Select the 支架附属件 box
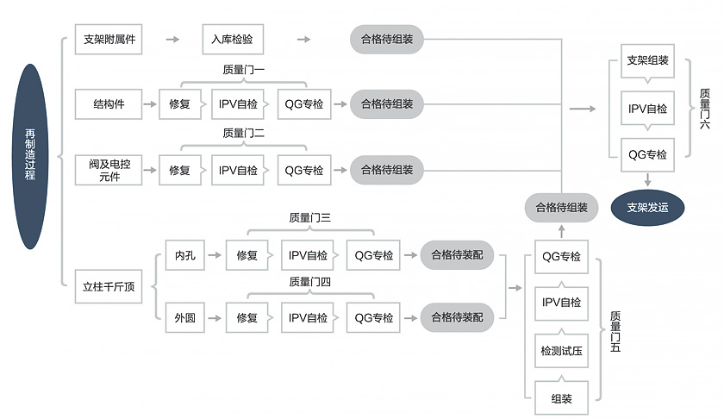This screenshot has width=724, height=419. click(109, 40)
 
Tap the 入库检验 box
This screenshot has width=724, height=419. click(233, 40)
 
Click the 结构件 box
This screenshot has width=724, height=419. click(109, 104)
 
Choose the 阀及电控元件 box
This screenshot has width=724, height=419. click(109, 170)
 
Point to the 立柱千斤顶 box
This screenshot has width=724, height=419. click(109, 287)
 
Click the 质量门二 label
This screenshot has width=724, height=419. click(243, 134)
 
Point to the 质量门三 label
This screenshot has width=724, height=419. click(309, 218)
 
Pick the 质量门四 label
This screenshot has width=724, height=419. click(309, 281)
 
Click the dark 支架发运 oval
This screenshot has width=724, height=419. click(647, 208)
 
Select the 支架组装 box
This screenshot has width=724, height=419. click(647, 60)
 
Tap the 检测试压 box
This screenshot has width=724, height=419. click(561, 351)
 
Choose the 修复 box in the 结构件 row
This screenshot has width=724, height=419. click(180, 104)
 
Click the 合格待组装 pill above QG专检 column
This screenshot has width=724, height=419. click(561, 208)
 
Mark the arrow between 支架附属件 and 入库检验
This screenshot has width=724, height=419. click(172, 40)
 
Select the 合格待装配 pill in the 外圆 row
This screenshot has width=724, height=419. click(457, 318)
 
